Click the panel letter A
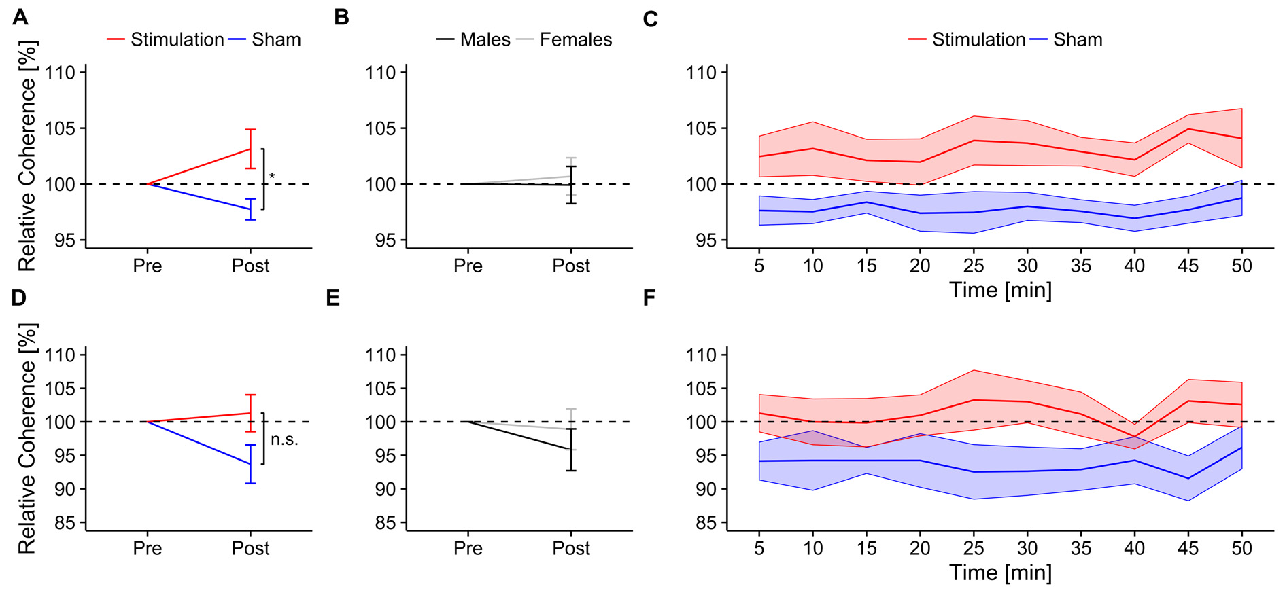point(20,16)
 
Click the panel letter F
point(649,298)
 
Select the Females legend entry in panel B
point(575,40)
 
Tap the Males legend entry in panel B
point(484,40)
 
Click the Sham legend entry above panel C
point(1077,40)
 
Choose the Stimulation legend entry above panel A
point(177,40)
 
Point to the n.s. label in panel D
point(284,439)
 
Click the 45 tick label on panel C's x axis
point(1188,266)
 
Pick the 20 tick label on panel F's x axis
point(920,548)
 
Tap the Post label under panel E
point(571,548)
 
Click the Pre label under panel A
point(148,266)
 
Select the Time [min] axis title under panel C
point(1000,290)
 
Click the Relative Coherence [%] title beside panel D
point(27,438)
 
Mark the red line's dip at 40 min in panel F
point(1134,436)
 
